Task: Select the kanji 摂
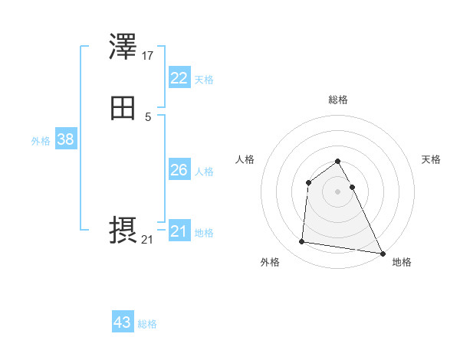pyautogui.click(x=123, y=231)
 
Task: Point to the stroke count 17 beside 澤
pyautogui.click(x=148, y=56)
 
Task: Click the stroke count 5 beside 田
pyautogui.click(x=148, y=116)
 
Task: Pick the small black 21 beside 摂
pyautogui.click(x=147, y=240)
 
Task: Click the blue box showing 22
pyautogui.click(x=179, y=78)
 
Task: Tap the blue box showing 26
pyautogui.click(x=179, y=170)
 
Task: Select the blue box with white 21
pyautogui.click(x=179, y=231)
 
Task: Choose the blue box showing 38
pyautogui.click(x=65, y=139)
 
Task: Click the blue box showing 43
pyautogui.click(x=123, y=322)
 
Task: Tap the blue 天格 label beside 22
pyautogui.click(x=204, y=80)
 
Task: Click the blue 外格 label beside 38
pyautogui.click(x=41, y=141)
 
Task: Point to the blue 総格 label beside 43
pyautogui.click(x=147, y=324)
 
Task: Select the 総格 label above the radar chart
pyautogui.click(x=338, y=100)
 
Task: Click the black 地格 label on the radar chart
pyautogui.click(x=402, y=262)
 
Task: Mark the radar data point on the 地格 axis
pyautogui.click(x=383, y=254)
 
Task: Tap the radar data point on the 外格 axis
pyautogui.click(x=302, y=242)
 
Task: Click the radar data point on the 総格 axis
pyautogui.click(x=337, y=161)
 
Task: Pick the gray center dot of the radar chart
pyautogui.click(x=337, y=191)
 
